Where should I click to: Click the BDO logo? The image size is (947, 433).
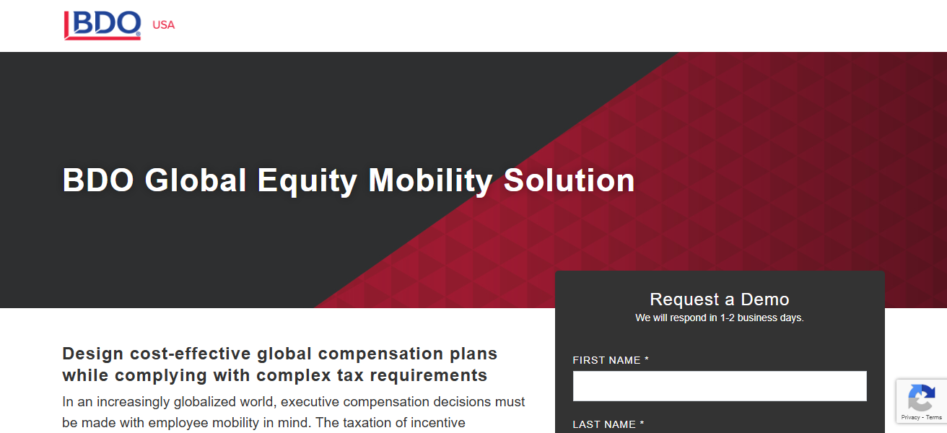(x=102, y=25)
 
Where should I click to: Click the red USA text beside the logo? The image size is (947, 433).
(x=163, y=25)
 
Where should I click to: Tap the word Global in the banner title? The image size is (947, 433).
(x=196, y=180)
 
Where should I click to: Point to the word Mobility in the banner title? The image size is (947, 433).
(x=430, y=180)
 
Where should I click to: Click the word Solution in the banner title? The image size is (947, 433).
(x=569, y=180)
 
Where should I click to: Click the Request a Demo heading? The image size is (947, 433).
(x=719, y=299)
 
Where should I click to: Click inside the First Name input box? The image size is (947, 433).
(x=719, y=386)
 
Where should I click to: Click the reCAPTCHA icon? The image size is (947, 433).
(x=921, y=398)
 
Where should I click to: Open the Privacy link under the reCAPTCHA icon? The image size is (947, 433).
(x=909, y=417)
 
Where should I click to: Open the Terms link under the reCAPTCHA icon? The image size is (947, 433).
(x=934, y=417)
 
